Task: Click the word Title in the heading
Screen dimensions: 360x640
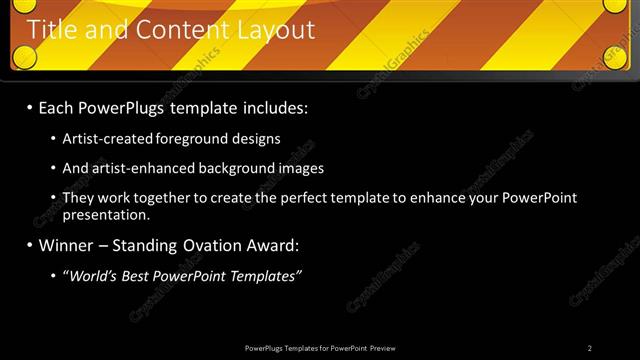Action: click(x=53, y=31)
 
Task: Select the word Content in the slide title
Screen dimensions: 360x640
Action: click(x=176, y=31)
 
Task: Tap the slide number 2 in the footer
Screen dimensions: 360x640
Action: click(x=590, y=348)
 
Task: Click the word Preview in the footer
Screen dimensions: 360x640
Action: click(x=383, y=348)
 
